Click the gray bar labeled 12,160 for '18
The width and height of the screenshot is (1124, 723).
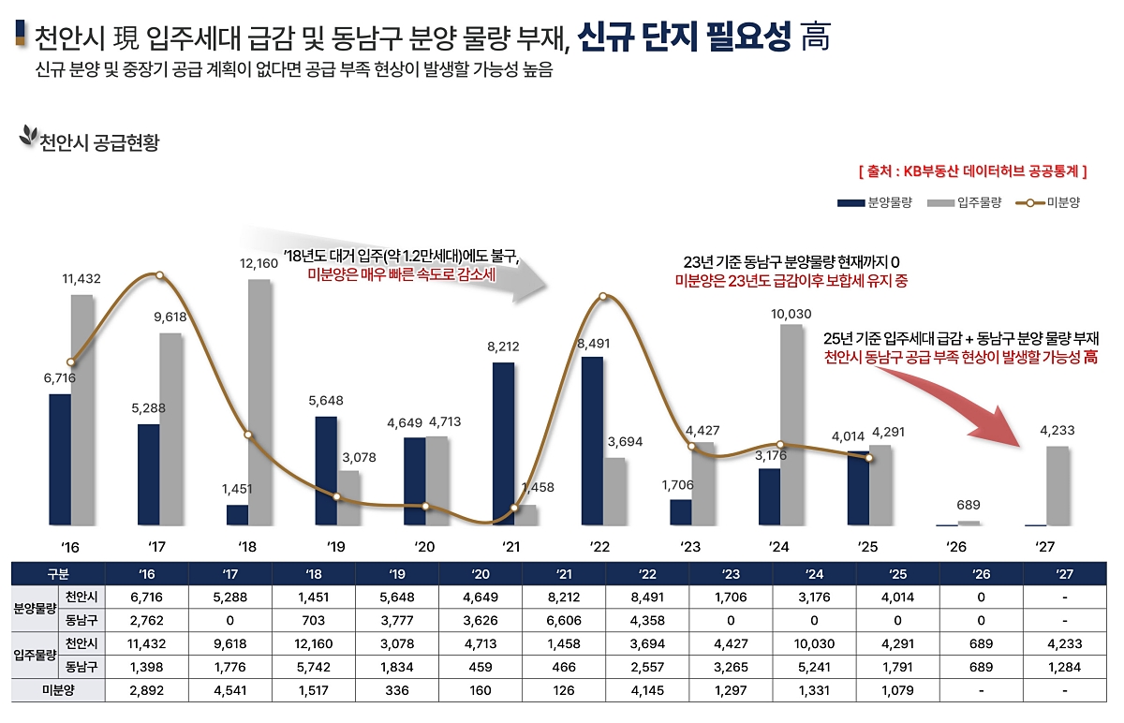pyautogui.click(x=259, y=403)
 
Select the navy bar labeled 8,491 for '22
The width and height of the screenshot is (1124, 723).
pyautogui.click(x=592, y=440)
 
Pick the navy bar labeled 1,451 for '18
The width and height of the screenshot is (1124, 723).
pyautogui.click(x=237, y=515)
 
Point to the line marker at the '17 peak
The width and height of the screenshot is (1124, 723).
pyautogui.click(x=159, y=275)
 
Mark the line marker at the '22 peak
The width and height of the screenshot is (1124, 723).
pyautogui.click(x=603, y=297)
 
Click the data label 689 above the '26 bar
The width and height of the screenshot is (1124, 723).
pyautogui.click(x=969, y=506)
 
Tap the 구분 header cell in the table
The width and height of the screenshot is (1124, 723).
pyautogui.click(x=58, y=573)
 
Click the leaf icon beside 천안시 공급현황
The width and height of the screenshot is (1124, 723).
pyautogui.click(x=28, y=138)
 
